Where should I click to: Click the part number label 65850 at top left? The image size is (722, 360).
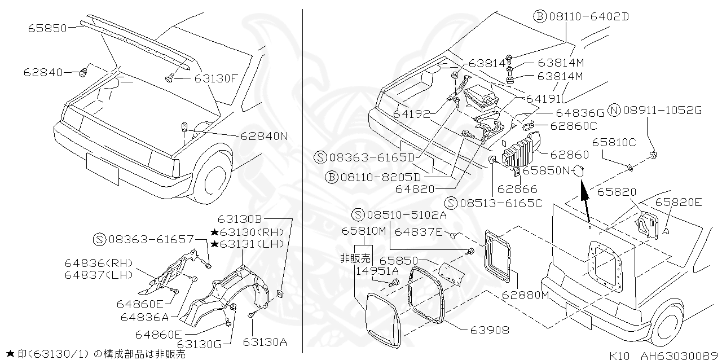pos(48,28)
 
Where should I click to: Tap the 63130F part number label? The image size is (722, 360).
pos(217,78)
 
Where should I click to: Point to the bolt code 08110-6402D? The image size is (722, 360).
pos(588,16)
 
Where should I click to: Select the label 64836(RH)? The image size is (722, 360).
pos(98,264)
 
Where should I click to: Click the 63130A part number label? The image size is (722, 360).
pos(265,341)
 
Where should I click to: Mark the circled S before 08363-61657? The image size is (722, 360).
pos(99,239)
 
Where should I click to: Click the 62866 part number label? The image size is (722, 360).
pos(518,190)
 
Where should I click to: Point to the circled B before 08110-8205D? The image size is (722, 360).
pos(332,177)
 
